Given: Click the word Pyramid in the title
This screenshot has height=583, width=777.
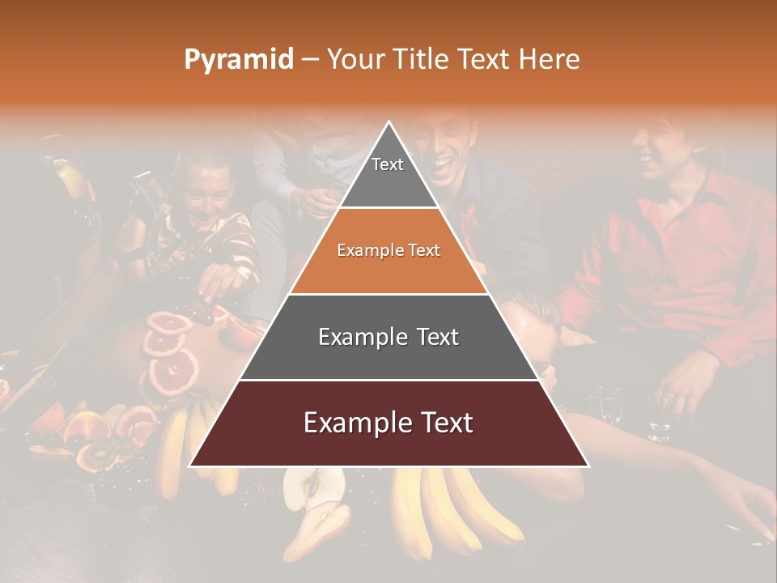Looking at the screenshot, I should click(239, 59).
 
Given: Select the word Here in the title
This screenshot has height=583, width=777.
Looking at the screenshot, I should click(549, 59).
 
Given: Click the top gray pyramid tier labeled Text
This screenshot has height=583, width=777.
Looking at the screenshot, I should click(388, 170).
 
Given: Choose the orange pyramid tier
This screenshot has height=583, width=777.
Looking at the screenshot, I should click(388, 251).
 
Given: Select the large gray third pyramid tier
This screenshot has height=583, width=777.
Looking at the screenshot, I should click(388, 337).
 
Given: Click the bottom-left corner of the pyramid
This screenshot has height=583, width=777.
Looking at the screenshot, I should click(191, 466).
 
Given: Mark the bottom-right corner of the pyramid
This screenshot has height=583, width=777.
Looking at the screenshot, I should click(588, 466).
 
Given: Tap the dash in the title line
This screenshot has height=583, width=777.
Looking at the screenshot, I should click(310, 59).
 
